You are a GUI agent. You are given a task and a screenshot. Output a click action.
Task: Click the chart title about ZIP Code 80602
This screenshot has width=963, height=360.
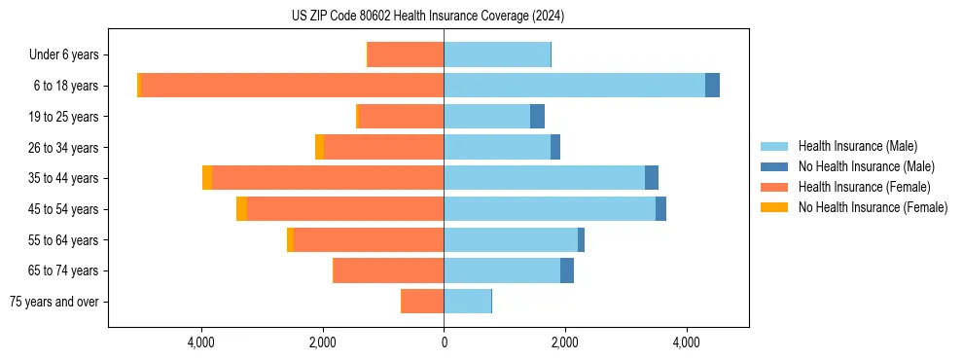(427, 17)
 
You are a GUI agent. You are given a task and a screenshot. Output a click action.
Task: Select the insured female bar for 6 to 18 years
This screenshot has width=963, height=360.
(292, 86)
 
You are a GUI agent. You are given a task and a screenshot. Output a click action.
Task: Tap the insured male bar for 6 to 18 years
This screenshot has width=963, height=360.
(574, 86)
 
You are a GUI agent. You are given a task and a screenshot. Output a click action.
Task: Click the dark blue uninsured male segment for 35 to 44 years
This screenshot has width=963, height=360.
(652, 178)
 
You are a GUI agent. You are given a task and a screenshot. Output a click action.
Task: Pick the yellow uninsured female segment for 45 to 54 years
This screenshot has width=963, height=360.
(241, 209)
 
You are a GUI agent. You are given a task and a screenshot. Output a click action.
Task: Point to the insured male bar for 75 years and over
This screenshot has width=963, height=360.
(467, 302)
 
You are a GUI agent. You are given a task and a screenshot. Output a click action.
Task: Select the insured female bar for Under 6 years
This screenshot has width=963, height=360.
(406, 54)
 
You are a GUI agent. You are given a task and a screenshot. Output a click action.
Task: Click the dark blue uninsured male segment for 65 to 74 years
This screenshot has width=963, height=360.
(567, 270)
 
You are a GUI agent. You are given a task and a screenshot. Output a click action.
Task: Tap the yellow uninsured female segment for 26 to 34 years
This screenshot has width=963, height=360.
(319, 147)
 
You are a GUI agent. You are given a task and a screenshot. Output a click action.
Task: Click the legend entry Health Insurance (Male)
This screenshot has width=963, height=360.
(856, 146)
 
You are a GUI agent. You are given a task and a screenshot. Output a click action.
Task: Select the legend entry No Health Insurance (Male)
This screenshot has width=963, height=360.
(863, 166)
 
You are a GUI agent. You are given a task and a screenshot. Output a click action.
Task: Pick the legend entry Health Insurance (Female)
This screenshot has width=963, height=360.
(860, 187)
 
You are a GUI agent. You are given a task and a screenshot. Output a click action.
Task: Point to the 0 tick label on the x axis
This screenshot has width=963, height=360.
(444, 342)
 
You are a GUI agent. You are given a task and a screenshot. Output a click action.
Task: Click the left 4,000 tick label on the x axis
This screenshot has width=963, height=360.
(201, 342)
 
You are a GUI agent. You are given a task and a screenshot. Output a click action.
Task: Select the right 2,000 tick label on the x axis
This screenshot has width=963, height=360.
(565, 342)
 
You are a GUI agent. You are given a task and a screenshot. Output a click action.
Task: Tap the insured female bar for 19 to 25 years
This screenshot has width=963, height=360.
(402, 117)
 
